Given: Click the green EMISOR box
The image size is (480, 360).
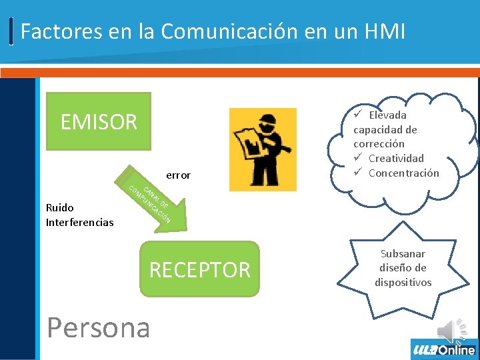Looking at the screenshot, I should (98, 121).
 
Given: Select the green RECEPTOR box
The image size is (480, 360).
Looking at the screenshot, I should (199, 269).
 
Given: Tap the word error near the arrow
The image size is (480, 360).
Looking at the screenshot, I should (178, 175).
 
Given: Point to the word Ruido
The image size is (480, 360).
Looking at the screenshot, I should (60, 207).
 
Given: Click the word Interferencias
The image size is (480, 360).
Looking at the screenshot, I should (80, 222).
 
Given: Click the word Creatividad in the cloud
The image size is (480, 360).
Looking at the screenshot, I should (396, 158).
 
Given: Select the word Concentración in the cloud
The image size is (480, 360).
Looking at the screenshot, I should (403, 173).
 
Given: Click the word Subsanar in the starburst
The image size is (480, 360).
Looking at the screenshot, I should (403, 253).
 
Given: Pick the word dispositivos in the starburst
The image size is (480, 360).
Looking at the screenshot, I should (403, 282).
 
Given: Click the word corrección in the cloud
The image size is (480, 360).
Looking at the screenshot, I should (379, 143).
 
